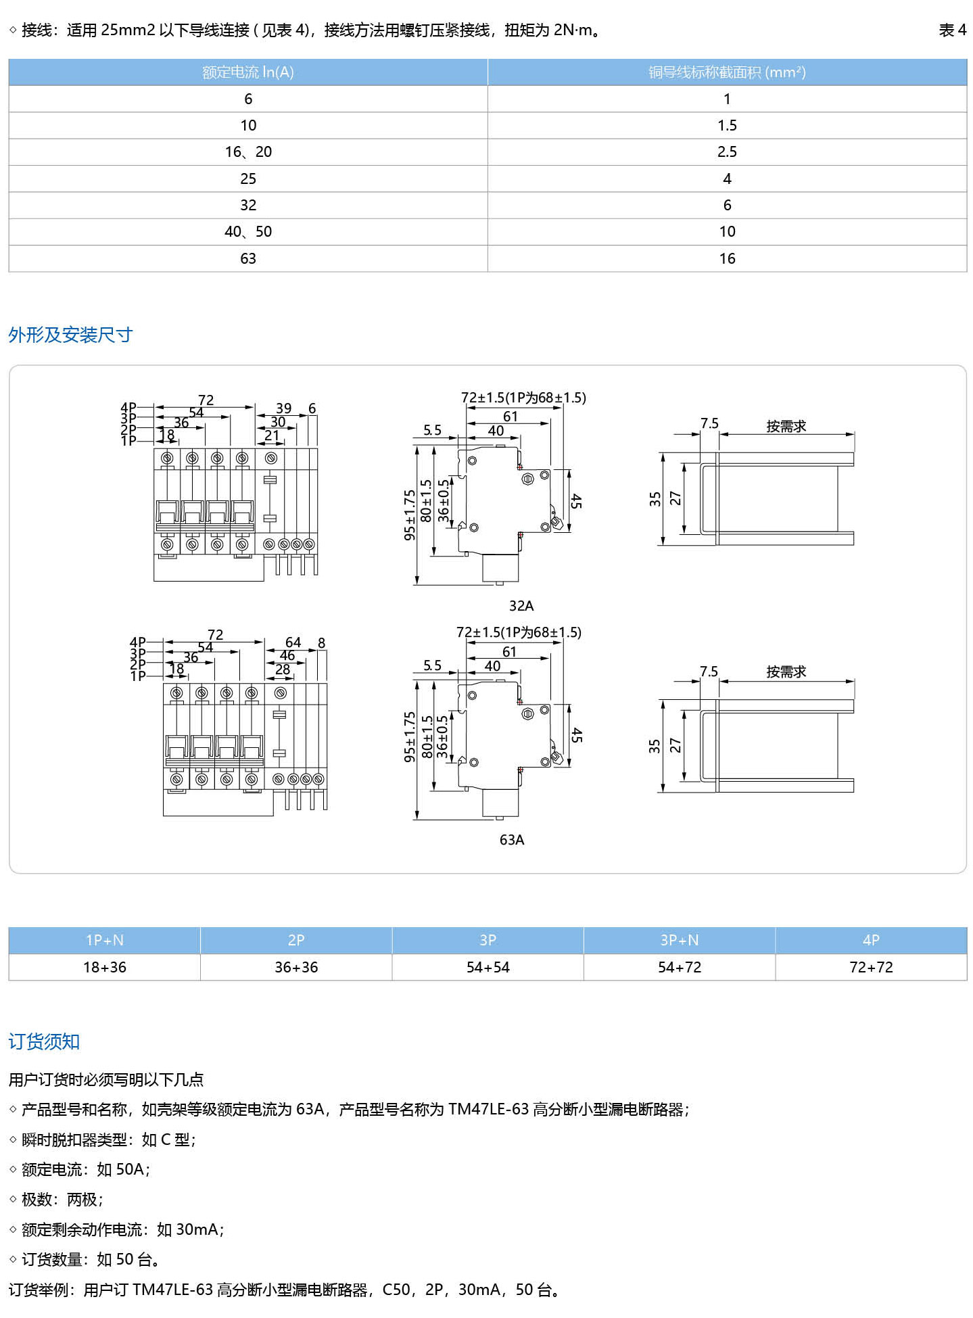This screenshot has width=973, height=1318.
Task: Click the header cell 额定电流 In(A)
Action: click(x=248, y=72)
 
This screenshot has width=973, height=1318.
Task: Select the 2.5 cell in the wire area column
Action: click(x=727, y=152)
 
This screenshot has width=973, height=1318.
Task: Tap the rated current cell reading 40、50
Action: click(x=248, y=232)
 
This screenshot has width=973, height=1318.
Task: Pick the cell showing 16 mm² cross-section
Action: click(x=727, y=258)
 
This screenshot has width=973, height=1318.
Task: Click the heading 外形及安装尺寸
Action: click(x=70, y=335)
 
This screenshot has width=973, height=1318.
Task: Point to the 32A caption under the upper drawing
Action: click(x=521, y=605)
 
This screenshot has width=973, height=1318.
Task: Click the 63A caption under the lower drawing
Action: click(x=512, y=840)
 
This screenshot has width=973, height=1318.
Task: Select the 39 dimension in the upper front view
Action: click(x=284, y=408)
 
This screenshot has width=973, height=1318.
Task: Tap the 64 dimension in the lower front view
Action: click(x=293, y=642)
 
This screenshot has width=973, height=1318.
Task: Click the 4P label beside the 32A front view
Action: click(x=128, y=407)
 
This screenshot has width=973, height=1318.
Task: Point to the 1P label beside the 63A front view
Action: click(x=138, y=676)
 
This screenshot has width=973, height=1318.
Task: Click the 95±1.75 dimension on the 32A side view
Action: click(x=410, y=515)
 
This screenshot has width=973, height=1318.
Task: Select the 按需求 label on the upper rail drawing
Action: click(x=786, y=426)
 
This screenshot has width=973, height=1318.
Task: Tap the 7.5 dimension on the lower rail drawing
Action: click(x=709, y=672)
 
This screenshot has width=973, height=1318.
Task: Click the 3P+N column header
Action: click(x=680, y=940)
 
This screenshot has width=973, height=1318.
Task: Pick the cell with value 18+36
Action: click(x=105, y=967)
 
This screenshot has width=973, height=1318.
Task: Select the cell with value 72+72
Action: click(x=871, y=967)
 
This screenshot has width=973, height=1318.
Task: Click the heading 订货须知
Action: click(x=44, y=1041)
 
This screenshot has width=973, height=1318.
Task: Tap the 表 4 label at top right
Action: click(x=952, y=30)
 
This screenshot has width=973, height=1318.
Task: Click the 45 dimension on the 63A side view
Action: click(x=576, y=736)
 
